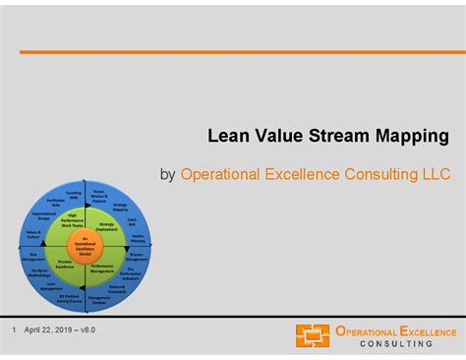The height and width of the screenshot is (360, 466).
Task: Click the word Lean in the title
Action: pos(225,135)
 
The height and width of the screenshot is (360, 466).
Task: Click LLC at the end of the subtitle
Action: pos(434,174)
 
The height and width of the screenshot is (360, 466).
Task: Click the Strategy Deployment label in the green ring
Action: pos(106,226)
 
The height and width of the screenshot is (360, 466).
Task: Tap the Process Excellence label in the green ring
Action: pos(66,264)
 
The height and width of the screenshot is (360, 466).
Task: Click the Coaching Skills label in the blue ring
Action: pos(74,195)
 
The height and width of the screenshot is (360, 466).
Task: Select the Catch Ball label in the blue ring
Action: pos(132,222)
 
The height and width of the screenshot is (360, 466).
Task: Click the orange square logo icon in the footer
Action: pos(313,335)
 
